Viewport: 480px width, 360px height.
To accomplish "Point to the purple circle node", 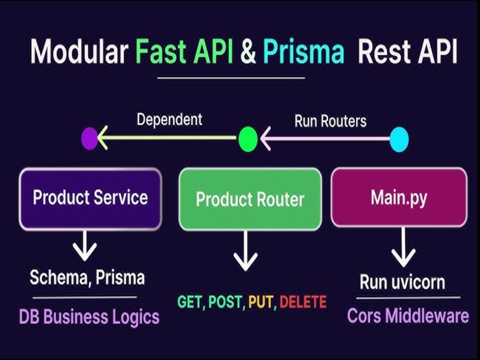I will (89, 139).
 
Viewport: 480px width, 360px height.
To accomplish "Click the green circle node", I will (248, 140).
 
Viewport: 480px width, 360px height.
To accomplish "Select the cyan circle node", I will (399, 140).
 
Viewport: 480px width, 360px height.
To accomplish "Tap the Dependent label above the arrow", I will (169, 120).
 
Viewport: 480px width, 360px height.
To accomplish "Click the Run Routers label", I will (330, 121).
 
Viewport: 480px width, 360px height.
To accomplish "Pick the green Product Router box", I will (250, 199).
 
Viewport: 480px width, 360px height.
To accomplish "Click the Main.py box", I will (399, 198).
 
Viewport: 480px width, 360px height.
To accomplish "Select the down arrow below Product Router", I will (245, 251).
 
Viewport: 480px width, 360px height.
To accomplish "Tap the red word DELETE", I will (303, 302).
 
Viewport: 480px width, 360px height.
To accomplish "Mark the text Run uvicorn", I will (402, 282).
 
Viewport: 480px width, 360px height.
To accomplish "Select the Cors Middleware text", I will (408, 316).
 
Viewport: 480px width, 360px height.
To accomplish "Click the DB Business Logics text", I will (89, 317).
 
